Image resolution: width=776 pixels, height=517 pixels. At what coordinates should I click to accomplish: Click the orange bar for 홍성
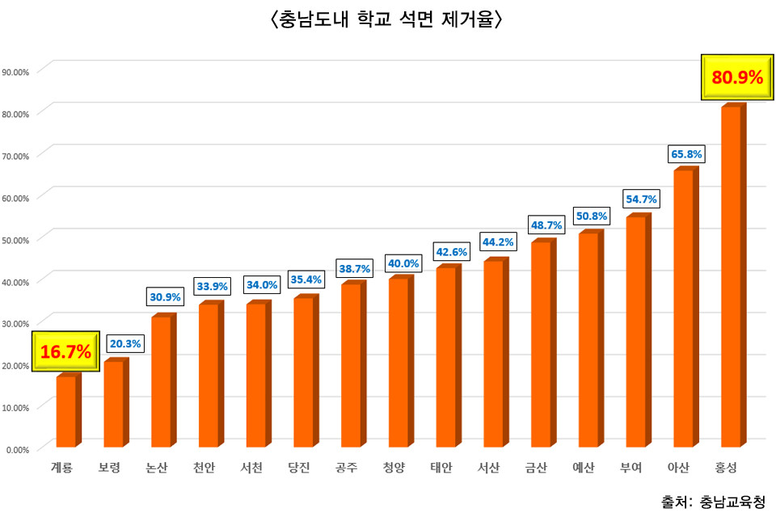pyautogui.click(x=732, y=276)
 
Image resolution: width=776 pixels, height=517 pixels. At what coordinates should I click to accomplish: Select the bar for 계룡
pyautogui.click(x=66, y=411)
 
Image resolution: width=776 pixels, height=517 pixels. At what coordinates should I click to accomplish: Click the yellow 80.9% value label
pyautogui.click(x=737, y=78)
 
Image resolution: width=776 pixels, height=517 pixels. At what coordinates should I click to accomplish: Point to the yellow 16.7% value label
pyautogui.click(x=65, y=351)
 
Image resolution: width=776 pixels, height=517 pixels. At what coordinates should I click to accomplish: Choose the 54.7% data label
pyautogui.click(x=640, y=199)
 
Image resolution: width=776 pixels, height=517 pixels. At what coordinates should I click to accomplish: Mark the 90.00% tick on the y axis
pyautogui.click(x=16, y=72)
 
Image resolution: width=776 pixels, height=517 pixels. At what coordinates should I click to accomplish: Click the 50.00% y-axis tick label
pyautogui.click(x=16, y=240)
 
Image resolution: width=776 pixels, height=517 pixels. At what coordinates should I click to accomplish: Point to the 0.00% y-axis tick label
pyautogui.click(x=18, y=449)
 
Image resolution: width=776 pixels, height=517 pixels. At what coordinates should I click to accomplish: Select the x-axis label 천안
pyautogui.click(x=205, y=468)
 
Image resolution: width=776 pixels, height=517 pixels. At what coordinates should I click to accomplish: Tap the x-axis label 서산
pyautogui.click(x=488, y=468)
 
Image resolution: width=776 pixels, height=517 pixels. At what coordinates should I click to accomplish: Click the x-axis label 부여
pyautogui.click(x=630, y=468)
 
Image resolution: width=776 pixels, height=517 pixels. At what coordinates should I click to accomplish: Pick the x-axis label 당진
pyautogui.click(x=299, y=468)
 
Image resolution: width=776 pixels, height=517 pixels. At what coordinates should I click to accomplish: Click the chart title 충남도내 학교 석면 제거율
pyautogui.click(x=388, y=19)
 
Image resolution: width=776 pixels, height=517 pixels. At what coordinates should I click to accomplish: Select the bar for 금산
pyautogui.click(x=542, y=343)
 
